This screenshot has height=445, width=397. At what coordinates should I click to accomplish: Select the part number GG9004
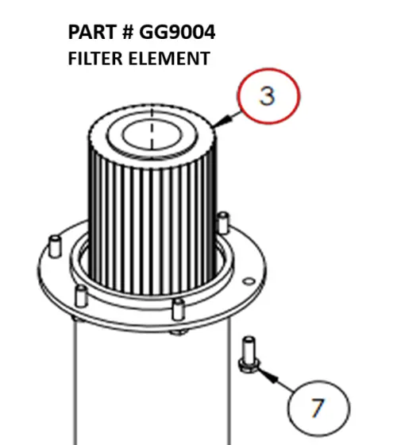[177, 33]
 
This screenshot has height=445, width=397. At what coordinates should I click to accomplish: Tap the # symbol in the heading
[126, 33]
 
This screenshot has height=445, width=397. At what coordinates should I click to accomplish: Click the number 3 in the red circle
[267, 96]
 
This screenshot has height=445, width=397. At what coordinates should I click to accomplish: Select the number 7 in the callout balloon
[318, 408]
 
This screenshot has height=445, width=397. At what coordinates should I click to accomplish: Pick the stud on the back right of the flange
[225, 219]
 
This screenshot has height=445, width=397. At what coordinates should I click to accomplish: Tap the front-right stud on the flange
[179, 308]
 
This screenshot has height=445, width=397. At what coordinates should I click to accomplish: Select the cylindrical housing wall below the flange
[151, 381]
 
